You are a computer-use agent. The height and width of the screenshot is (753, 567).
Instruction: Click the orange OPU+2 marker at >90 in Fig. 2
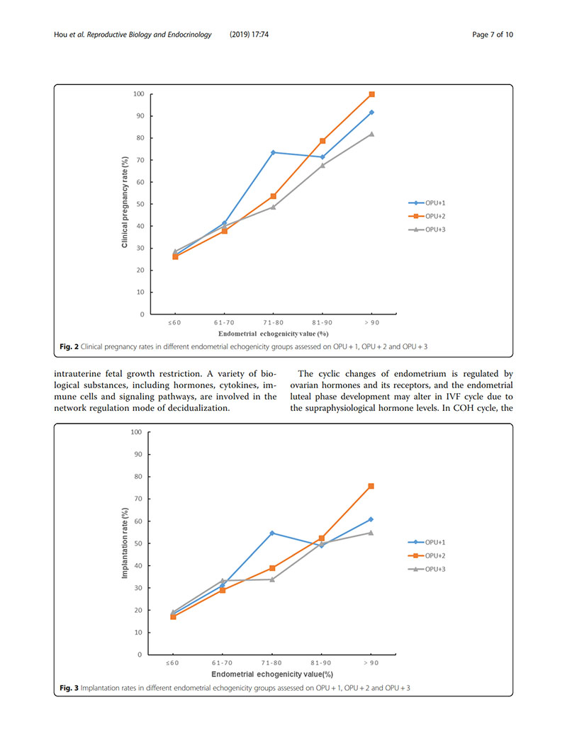[371, 94]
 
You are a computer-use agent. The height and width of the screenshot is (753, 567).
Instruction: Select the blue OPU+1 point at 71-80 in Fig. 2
[274, 152]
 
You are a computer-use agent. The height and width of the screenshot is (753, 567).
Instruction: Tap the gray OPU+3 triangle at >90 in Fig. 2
[371, 134]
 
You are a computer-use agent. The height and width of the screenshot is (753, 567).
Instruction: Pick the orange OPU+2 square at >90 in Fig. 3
[371, 486]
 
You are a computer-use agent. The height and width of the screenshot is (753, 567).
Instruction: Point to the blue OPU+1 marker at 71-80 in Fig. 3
[274, 533]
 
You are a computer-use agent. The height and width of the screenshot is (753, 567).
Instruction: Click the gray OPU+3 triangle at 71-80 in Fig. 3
[274, 579]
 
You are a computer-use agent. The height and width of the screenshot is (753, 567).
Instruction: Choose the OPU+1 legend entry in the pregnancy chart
[423, 203]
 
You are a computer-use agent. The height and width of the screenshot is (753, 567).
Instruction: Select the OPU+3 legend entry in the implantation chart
[423, 569]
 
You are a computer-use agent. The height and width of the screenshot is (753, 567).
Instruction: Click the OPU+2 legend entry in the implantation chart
[423, 555]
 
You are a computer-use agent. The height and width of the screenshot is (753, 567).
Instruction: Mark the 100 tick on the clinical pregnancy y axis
[139, 94]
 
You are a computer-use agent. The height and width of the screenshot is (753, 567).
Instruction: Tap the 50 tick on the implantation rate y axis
[139, 543]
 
